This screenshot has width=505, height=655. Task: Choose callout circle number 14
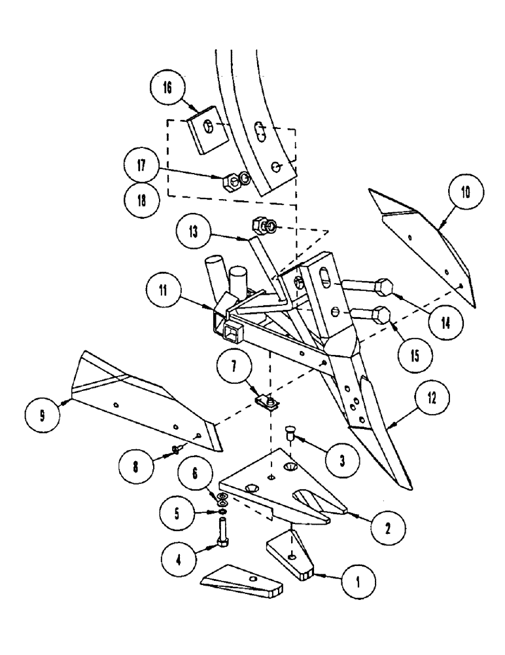442,323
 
